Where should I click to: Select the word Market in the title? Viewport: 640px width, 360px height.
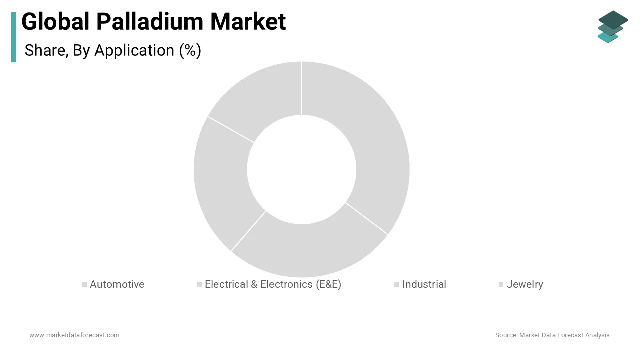pyautogui.click(x=248, y=22)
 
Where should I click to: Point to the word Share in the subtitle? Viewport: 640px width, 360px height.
pyautogui.click(x=46, y=50)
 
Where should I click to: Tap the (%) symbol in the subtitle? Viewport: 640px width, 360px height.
pyautogui.click(x=190, y=50)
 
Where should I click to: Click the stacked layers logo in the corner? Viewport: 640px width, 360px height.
pyautogui.click(x=612, y=26)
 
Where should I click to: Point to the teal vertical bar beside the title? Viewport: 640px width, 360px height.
pyautogui.click(x=14, y=37)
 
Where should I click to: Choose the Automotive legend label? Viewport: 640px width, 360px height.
pyautogui.click(x=117, y=284)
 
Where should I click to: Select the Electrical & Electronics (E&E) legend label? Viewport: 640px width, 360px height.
pyautogui.click(x=273, y=284)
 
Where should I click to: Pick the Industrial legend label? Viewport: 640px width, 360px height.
pyautogui.click(x=424, y=284)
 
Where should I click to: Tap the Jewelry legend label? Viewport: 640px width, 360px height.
pyautogui.click(x=525, y=284)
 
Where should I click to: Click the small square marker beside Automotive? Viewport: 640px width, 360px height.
pyautogui.click(x=84, y=285)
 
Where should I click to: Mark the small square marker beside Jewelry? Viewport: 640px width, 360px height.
pyautogui.click(x=501, y=285)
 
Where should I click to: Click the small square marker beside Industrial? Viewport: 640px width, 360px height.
pyautogui.click(x=396, y=285)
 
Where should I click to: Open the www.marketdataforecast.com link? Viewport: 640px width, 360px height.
pyautogui.click(x=74, y=335)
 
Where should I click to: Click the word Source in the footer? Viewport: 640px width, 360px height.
pyautogui.click(x=506, y=335)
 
